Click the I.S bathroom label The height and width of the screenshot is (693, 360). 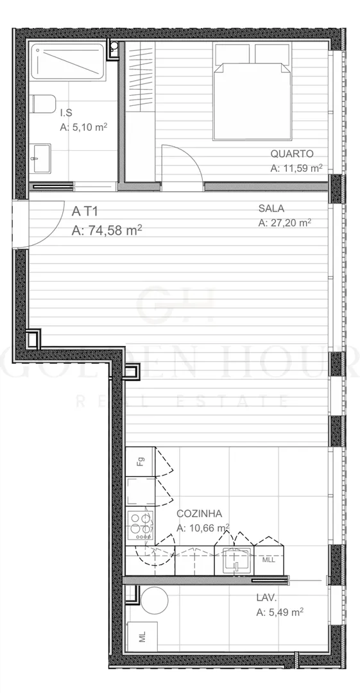66,113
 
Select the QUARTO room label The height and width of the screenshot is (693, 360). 292,154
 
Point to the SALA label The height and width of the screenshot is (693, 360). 271,209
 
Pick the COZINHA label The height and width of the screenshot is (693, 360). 199,513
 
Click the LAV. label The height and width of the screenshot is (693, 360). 266,598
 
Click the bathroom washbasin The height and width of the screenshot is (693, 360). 40,158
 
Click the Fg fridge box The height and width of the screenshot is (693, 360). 140,462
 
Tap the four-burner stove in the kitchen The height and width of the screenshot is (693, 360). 141,525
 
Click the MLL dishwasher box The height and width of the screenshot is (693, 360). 268,560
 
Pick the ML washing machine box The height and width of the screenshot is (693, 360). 142,637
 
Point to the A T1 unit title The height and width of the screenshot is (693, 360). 85,211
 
